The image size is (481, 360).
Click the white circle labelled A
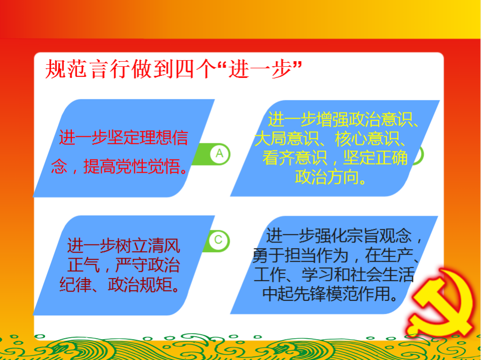[219, 154]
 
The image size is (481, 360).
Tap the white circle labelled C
[218, 240]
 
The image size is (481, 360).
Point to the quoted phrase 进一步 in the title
[260, 69]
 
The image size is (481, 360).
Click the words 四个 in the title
[196, 69]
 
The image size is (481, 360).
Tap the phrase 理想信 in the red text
[164, 138]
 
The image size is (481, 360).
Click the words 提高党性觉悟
[131, 167]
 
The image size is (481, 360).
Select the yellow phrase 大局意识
[286, 139]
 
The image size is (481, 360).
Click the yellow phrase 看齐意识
[294, 158]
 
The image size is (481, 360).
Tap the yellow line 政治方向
[327, 177]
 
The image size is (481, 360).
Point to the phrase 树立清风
[148, 246]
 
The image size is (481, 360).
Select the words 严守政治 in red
[147, 265]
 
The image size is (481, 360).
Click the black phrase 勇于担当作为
[301, 255]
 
